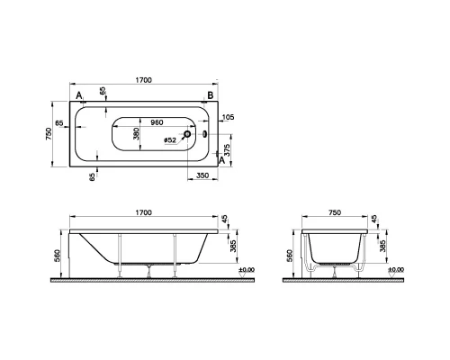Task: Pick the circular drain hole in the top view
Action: coord(186,135)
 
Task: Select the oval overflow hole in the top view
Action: coord(204,135)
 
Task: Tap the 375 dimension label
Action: coord(228,149)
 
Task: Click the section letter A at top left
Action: coord(79,94)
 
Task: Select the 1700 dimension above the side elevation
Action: coord(143,212)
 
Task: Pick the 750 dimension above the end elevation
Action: coord(334,212)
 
